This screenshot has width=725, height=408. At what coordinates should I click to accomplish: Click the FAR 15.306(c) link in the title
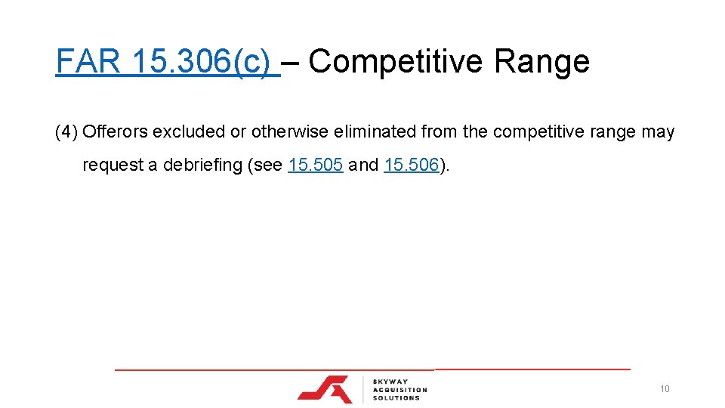167,62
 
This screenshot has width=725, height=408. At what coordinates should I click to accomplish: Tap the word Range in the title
541,62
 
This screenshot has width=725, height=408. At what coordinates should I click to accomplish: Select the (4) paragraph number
66,132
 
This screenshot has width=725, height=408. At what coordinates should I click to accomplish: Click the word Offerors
115,132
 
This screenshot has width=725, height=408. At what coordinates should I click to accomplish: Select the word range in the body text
612,132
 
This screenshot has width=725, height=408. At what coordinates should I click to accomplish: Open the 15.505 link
316,165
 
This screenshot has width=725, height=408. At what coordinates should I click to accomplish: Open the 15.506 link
411,165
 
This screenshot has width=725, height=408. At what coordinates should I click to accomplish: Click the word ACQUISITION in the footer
400,390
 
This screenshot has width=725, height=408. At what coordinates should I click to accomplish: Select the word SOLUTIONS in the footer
396,397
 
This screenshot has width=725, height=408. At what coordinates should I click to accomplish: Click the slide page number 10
665,389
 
